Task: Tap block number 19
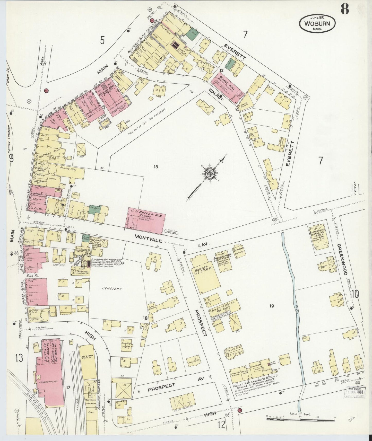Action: click(272, 306)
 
